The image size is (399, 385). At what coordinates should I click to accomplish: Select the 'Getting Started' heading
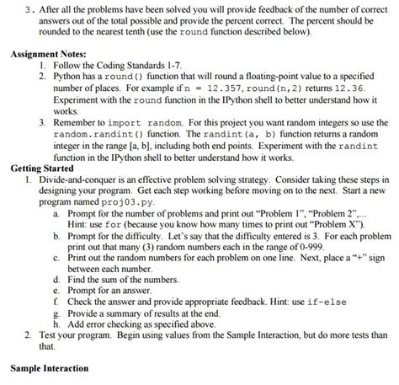pos(44,168)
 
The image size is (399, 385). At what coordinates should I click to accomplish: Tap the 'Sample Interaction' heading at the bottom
pos(49,369)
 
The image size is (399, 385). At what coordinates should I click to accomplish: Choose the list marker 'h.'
pos(56,323)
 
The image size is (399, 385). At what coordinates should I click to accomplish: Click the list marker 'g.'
pos(56,312)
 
